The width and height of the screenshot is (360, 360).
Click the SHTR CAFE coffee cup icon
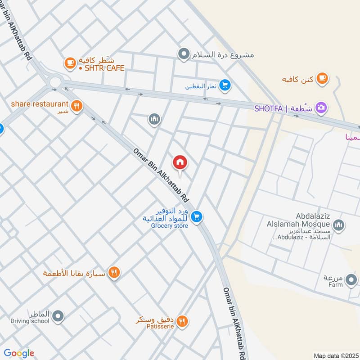[70, 63]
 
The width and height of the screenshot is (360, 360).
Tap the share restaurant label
[40, 104]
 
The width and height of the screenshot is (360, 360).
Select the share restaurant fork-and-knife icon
[77, 106]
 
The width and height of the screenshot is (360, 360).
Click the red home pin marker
[180, 162]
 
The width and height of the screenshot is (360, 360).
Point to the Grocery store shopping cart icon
[196, 217]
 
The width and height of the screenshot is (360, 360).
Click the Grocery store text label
[169, 225]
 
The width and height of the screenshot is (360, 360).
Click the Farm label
[335, 284]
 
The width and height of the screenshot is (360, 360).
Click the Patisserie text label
[159, 327]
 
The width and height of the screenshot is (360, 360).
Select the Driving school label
[30, 321]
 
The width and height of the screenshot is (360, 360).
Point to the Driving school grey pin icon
[58, 317]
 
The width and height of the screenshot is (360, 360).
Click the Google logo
[19, 353]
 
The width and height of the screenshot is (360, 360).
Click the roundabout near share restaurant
[55, 82]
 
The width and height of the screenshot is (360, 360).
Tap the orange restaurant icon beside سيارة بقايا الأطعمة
[114, 273]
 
